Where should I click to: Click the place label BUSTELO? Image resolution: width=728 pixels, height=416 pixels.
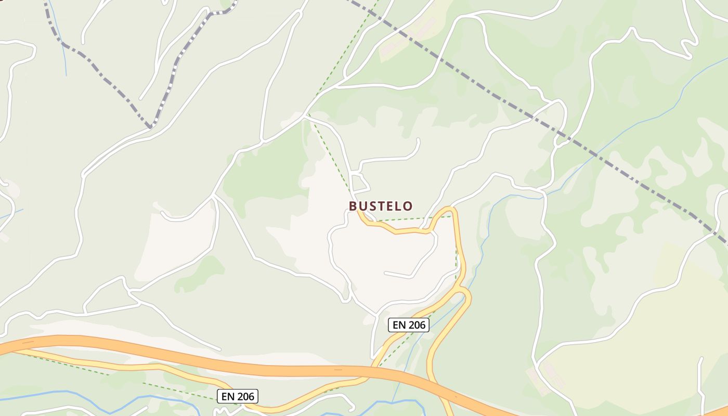381,206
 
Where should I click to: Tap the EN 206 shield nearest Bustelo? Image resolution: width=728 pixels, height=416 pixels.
409,325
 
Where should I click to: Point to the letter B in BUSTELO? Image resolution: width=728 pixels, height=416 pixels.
353,206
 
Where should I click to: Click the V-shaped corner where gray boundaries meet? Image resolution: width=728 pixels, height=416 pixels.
150,126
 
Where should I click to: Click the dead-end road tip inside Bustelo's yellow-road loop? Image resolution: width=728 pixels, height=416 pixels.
385,272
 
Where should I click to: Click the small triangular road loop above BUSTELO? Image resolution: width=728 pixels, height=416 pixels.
360,183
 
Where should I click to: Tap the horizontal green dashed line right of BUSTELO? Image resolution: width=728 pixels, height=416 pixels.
416,219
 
